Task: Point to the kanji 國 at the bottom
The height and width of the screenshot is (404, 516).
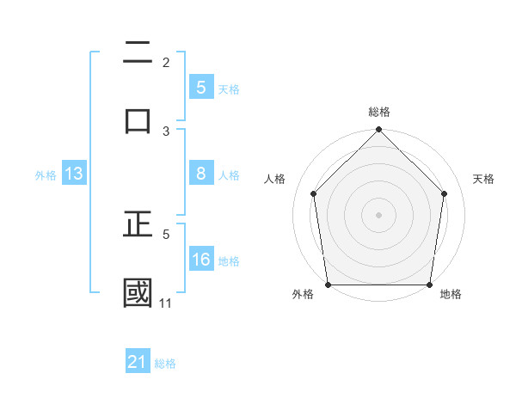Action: click(138, 292)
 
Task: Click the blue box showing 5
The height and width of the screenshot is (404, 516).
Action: click(200, 87)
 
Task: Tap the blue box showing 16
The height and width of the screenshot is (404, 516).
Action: click(200, 260)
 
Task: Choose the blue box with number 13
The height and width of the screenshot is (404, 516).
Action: click(73, 174)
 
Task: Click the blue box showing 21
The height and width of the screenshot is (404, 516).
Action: click(138, 362)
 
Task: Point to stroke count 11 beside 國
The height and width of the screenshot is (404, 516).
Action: click(165, 303)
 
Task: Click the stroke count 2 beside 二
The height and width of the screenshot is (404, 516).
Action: click(166, 62)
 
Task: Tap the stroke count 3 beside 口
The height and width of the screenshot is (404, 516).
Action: click(166, 131)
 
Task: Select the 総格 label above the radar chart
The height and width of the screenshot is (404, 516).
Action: click(378, 113)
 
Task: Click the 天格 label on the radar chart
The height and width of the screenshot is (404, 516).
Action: click(483, 179)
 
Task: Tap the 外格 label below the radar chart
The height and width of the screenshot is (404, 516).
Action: click(303, 295)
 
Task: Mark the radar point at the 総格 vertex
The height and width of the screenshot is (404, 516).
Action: click(378, 131)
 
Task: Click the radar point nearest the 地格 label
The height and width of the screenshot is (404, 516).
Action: click(429, 285)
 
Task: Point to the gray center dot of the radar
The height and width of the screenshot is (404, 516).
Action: click(378, 214)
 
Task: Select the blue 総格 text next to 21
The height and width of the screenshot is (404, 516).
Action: click(165, 364)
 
